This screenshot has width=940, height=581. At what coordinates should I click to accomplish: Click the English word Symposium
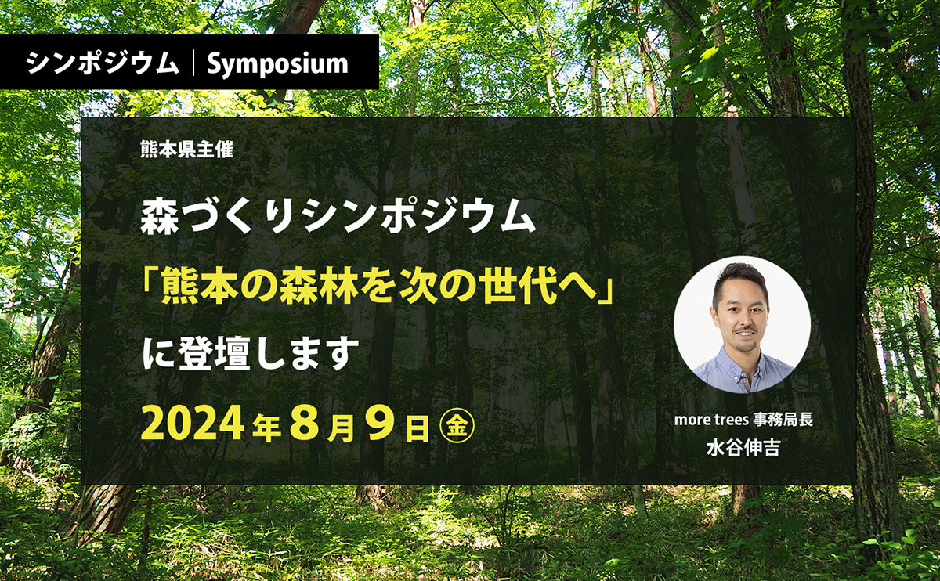[x=278, y=64]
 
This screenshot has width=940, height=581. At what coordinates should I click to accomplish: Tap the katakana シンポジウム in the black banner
[x=103, y=63]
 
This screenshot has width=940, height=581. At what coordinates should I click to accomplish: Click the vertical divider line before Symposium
[x=193, y=63]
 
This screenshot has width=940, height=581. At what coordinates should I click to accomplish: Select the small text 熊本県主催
[x=186, y=150]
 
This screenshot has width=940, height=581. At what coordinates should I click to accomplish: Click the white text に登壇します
[x=251, y=354]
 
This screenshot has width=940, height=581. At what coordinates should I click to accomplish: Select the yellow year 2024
[x=193, y=424]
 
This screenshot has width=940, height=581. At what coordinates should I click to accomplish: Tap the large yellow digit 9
[x=381, y=424]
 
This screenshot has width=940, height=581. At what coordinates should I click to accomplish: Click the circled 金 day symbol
[x=457, y=425]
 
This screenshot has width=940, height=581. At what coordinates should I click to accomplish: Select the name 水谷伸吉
[x=743, y=448]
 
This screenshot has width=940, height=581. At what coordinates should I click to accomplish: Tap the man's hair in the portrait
[x=741, y=279]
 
